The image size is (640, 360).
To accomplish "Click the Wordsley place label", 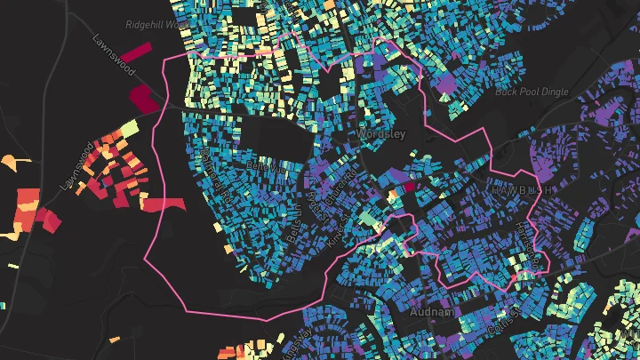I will [x=383, y=133].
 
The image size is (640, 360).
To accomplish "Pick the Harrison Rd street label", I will [x=532, y=246].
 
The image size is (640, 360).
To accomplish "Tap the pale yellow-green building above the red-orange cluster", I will [x=128, y=129].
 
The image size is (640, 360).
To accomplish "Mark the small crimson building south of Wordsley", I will [x=409, y=188].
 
